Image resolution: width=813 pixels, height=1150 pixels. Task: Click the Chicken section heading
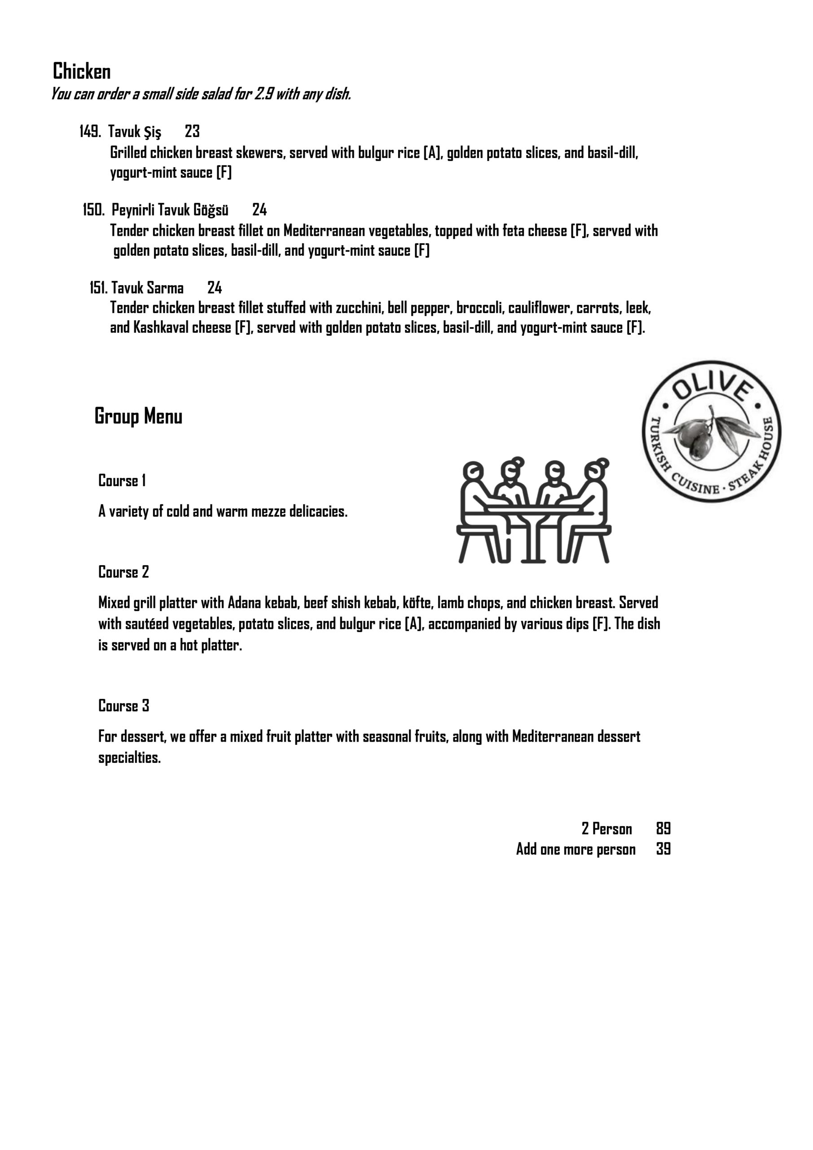coord(82,71)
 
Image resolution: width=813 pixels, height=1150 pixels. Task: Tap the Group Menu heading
coord(138,416)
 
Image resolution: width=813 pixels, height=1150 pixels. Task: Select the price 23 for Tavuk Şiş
coord(192,132)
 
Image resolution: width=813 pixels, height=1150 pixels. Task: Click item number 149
coord(90,132)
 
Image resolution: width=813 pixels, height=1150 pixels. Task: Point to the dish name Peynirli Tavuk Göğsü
coord(170,210)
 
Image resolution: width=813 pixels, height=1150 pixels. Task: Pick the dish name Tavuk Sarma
coord(147,288)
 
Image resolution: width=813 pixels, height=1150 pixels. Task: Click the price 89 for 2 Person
coord(664,829)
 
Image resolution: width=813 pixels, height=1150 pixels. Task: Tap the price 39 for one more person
coord(664,849)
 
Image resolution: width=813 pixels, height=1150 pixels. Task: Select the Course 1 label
coord(122,481)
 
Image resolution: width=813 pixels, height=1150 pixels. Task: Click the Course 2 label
coord(123,572)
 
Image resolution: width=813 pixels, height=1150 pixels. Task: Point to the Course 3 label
coord(123,706)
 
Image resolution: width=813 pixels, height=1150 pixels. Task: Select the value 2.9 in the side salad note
coord(264,94)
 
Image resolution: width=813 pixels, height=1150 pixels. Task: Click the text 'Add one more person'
coord(576,849)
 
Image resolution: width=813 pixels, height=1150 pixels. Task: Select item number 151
coord(99,288)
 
